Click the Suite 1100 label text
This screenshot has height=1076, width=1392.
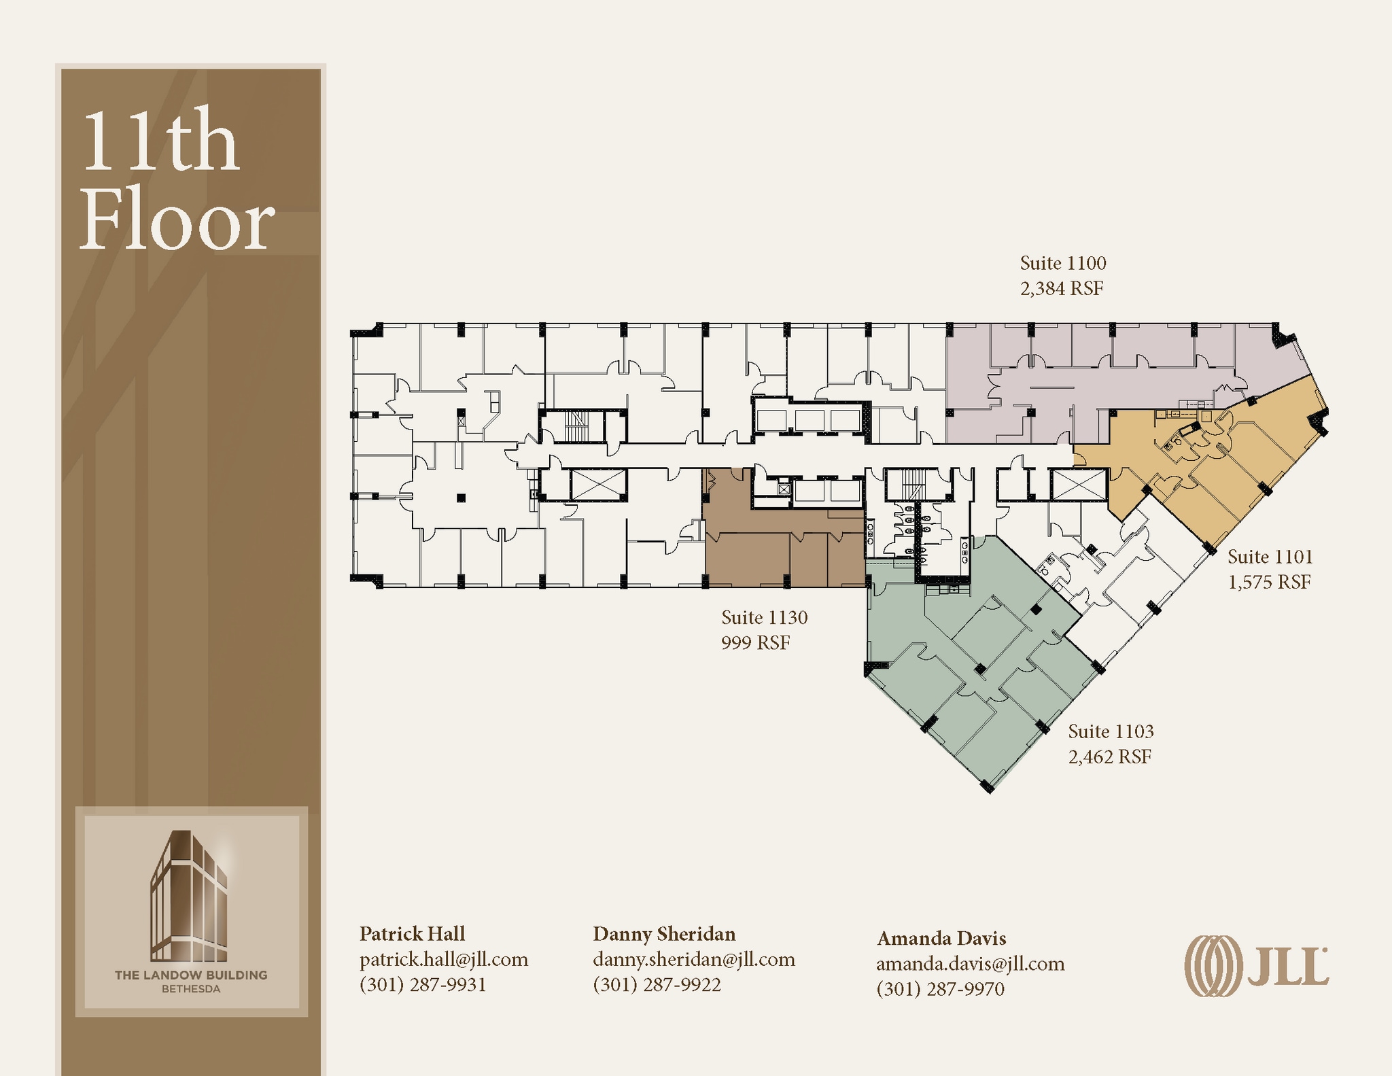click(x=1062, y=263)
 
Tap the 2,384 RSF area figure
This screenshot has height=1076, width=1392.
click(x=1061, y=288)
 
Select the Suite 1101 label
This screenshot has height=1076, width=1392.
click(x=1270, y=557)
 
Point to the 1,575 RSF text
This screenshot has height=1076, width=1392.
click(x=1268, y=582)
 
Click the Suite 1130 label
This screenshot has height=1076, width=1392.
click(x=764, y=617)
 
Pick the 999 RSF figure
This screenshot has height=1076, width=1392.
click(x=755, y=642)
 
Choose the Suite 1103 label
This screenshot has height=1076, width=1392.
click(x=1111, y=731)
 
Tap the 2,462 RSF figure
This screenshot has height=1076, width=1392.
click(x=1109, y=757)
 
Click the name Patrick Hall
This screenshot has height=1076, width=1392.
click(x=412, y=933)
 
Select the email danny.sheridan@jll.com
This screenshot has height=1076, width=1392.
click(x=693, y=959)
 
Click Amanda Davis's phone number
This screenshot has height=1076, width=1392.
click(x=940, y=988)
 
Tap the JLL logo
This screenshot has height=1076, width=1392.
click(x=1256, y=966)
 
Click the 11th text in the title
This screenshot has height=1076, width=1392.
click(x=160, y=141)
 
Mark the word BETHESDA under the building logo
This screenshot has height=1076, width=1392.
click(x=191, y=989)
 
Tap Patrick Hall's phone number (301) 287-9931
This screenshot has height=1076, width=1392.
click(x=423, y=984)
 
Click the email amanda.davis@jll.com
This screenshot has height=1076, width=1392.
click(x=970, y=963)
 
